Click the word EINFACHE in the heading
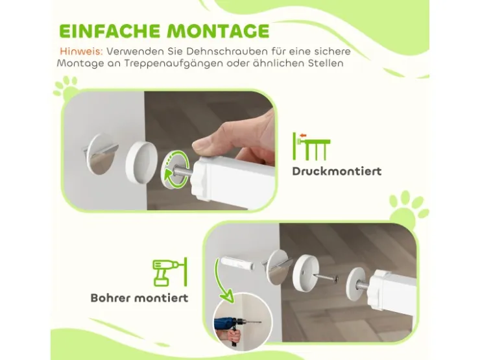[x=110, y=30]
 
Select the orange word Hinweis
[x=82, y=51]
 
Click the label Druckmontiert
[x=337, y=171]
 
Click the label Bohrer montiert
[x=139, y=298]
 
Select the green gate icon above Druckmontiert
[x=311, y=147]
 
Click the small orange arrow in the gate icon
[x=304, y=135]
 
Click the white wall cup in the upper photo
[x=141, y=162]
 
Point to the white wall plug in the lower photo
[x=235, y=263]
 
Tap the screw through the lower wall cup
[x=328, y=278]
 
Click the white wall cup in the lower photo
[x=306, y=273]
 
